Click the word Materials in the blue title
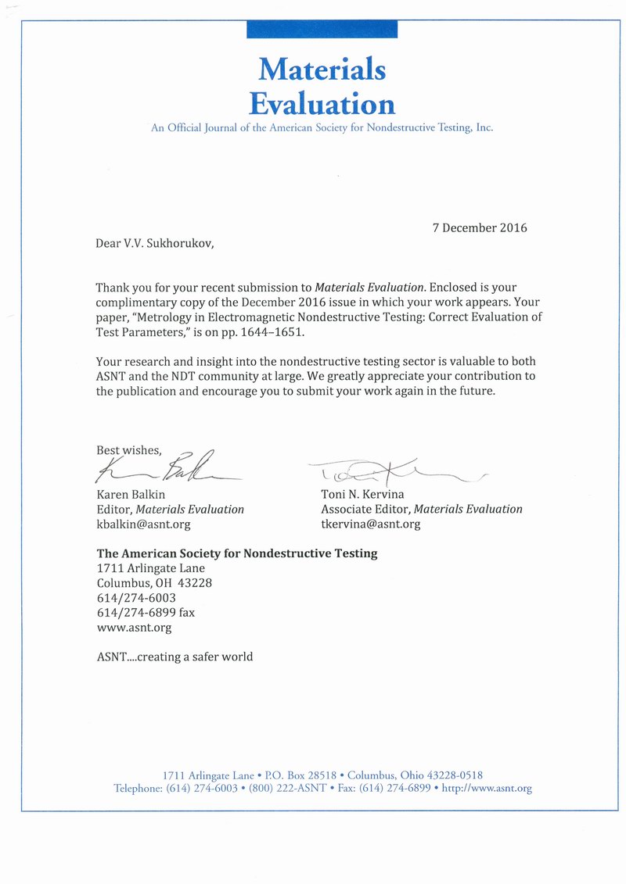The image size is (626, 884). [322, 70]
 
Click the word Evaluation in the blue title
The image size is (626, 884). [322, 103]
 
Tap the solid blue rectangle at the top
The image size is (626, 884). [322, 29]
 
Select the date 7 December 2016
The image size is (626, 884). [480, 228]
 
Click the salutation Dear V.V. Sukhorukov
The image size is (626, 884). [154, 243]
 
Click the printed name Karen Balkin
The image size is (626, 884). [131, 494]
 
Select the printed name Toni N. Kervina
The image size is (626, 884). [362, 494]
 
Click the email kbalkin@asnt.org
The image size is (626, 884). [143, 524]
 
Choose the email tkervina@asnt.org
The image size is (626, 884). [370, 524]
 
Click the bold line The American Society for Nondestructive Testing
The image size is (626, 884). [237, 553]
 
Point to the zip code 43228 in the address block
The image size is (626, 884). [195, 583]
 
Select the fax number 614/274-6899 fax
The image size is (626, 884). [146, 613]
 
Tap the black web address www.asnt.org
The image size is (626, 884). [134, 628]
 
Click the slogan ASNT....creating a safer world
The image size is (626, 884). [174, 657]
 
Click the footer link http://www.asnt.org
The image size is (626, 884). [487, 788]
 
